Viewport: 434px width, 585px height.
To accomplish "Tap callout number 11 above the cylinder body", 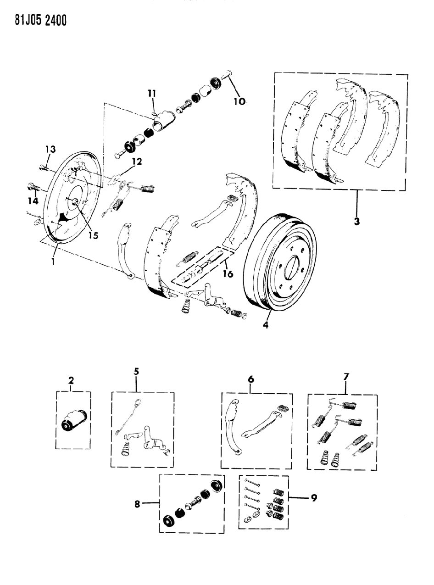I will click(152, 94).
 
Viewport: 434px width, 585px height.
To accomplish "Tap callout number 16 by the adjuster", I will click(227, 274).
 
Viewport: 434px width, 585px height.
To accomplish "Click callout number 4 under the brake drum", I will click(265, 328).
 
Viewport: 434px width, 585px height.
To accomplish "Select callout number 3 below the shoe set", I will click(357, 221).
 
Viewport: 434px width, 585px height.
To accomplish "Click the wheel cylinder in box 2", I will click(73, 421).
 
